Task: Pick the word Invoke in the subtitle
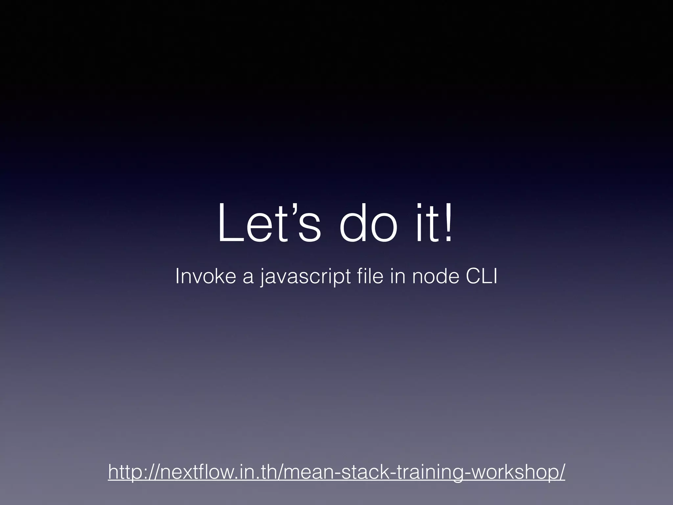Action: (x=206, y=276)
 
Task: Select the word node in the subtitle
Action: (x=436, y=276)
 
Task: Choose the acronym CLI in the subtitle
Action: (x=481, y=276)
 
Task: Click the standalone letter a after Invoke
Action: (x=248, y=277)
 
